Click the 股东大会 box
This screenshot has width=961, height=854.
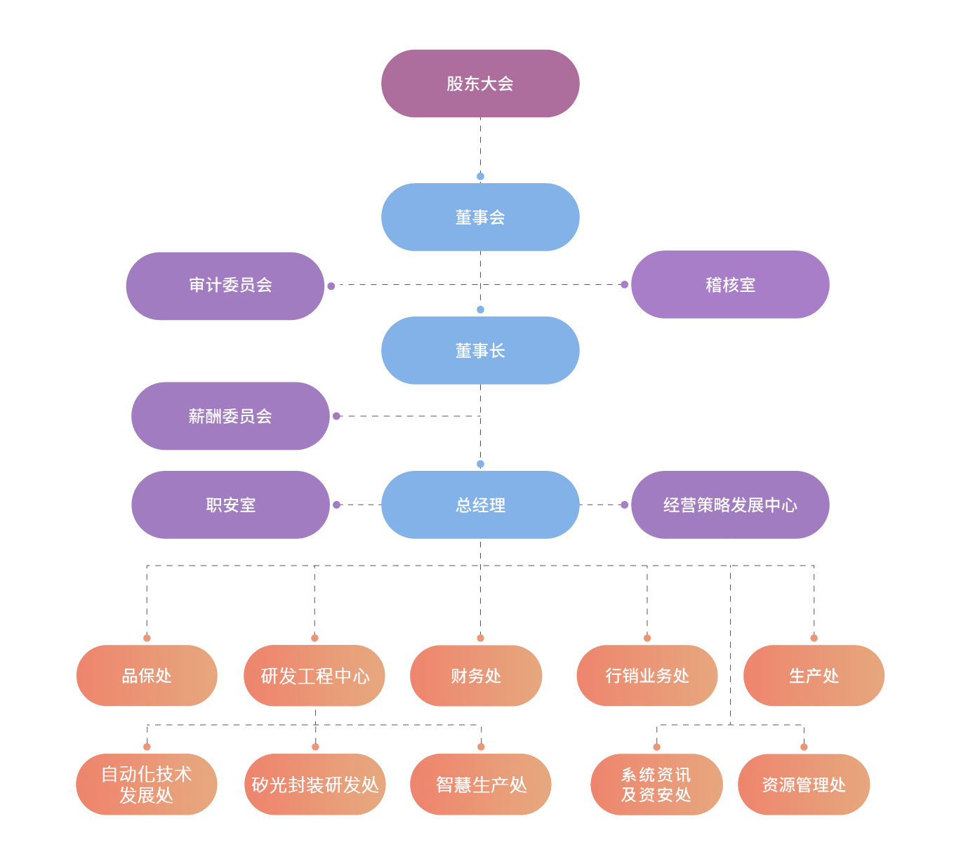pos(480,84)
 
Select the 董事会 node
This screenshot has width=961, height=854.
pos(480,217)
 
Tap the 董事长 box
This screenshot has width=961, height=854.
pos(480,350)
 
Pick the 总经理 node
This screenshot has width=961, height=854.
pos(480,505)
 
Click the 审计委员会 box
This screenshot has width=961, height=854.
pos(225,286)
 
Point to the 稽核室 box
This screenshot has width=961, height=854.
pos(730,284)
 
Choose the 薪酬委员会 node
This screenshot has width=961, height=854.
pos(230,416)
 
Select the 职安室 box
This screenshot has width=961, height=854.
pos(230,505)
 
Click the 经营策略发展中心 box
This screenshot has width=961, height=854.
pos(730,505)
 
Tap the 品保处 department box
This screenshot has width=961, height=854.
pos(147,675)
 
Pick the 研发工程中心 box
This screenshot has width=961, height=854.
pos(314,675)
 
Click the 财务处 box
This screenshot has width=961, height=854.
pos(476,676)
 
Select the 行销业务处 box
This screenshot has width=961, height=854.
pos(647,675)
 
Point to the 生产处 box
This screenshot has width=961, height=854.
pos(814,675)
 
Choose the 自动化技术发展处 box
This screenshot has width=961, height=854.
pos(147,785)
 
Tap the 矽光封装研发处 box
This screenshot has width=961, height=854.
pos(315,785)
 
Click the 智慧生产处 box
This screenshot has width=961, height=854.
pos(480,785)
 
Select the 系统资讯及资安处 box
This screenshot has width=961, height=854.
pos(656,785)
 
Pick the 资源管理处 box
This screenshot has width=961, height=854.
pos(804,785)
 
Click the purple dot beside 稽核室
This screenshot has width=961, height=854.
pos(624,284)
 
